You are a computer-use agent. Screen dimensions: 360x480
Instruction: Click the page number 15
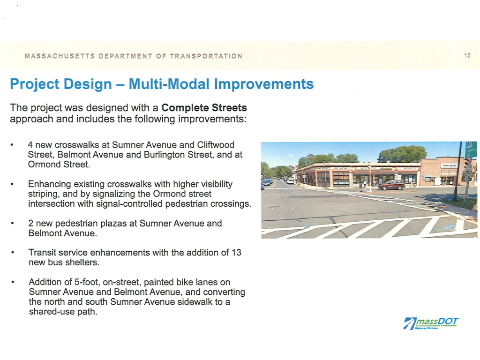pos(467,56)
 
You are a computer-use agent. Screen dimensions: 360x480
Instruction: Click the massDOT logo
pos(431,322)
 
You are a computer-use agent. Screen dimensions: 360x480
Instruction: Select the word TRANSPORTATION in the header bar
pos(206,56)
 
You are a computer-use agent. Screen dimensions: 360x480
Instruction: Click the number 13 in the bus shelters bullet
pos(236,252)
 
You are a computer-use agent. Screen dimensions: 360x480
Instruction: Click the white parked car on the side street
pos(290,181)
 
